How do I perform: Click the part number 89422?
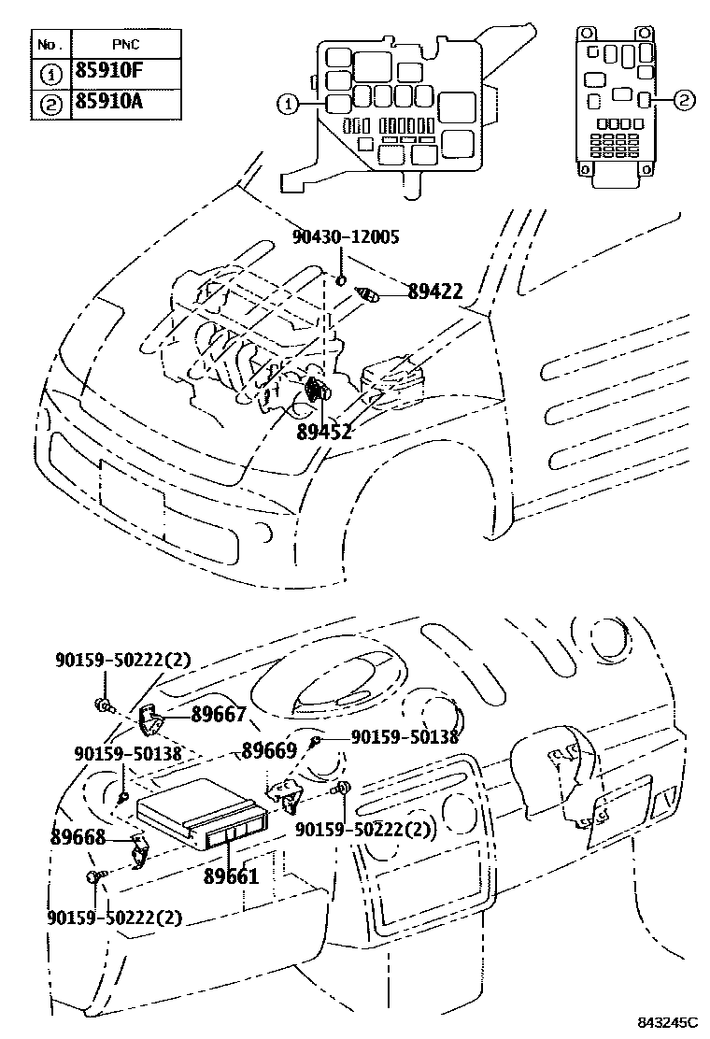pos(434,292)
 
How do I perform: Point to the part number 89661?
pos(231,876)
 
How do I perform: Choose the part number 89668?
pos(78,837)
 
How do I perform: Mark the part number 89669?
pos(269,749)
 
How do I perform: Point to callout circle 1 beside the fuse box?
pos(289,106)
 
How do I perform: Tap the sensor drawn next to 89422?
pos(368,295)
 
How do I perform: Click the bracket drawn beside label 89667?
pos(150,719)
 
